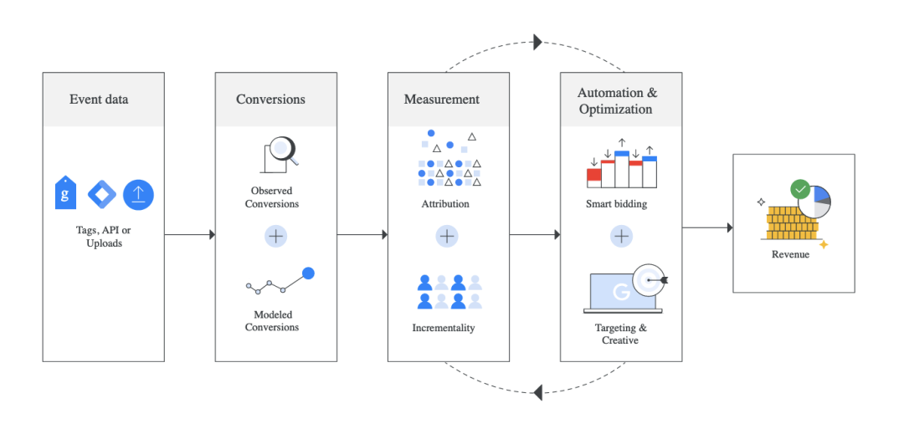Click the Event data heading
pyautogui.click(x=99, y=99)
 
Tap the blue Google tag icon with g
pyautogui.click(x=65, y=193)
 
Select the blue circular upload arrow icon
pyautogui.click(x=138, y=195)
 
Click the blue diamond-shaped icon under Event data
pyautogui.click(x=102, y=195)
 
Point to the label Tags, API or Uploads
pyautogui.click(x=104, y=237)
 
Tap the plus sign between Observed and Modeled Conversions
pyautogui.click(x=276, y=236)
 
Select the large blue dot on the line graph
pyautogui.click(x=308, y=273)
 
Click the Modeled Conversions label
pyautogui.click(x=272, y=321)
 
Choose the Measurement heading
pyautogui.click(x=442, y=99)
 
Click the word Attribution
pyautogui.click(x=445, y=204)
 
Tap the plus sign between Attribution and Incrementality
pyautogui.click(x=447, y=236)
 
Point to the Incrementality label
pyautogui.click(x=444, y=328)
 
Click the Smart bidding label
pyautogui.click(x=616, y=203)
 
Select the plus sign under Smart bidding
pyautogui.click(x=621, y=236)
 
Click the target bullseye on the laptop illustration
pyautogui.click(x=649, y=280)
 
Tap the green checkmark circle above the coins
pyautogui.click(x=799, y=189)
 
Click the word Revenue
pyautogui.click(x=790, y=254)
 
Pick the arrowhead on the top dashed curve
pyautogui.click(x=537, y=42)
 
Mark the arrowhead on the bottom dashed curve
pyautogui.click(x=537, y=392)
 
